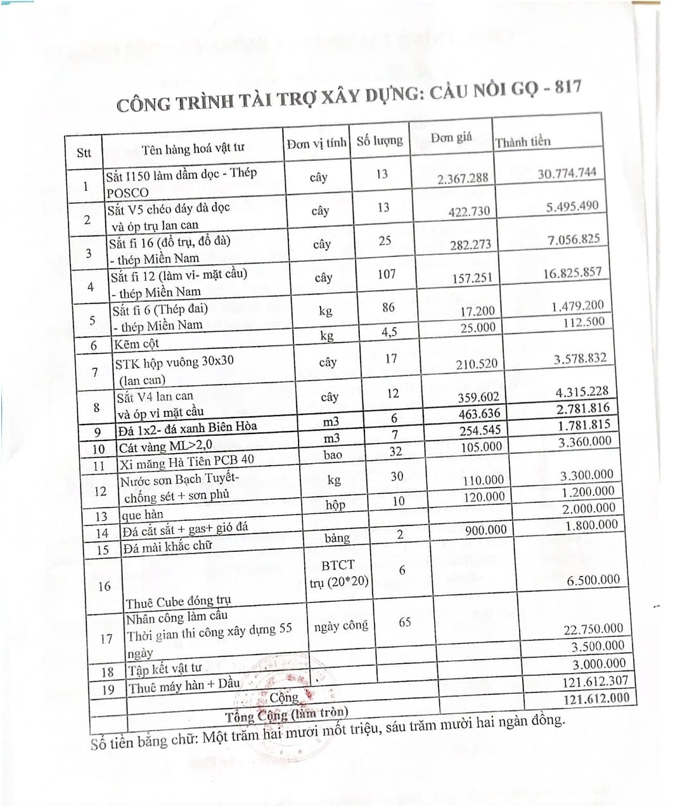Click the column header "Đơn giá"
pyautogui.click(x=451, y=138)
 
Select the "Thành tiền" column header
pyautogui.click(x=523, y=141)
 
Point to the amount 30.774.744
pyautogui.click(x=567, y=173)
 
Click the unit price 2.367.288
pyautogui.click(x=463, y=178)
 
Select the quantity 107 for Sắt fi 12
pyautogui.click(x=386, y=274)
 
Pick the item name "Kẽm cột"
pyautogui.click(x=136, y=344)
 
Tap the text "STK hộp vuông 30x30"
pyautogui.click(x=174, y=362)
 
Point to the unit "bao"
pyautogui.click(x=332, y=455)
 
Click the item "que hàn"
pyautogui.click(x=143, y=514)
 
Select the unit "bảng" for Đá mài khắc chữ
pyautogui.click(x=336, y=538)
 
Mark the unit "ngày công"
pyautogui.click(x=341, y=626)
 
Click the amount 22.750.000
pyautogui.click(x=593, y=629)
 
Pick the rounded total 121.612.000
pyautogui.click(x=596, y=698)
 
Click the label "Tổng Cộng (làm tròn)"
pyautogui.click(x=286, y=715)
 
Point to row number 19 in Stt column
pyautogui.click(x=108, y=689)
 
